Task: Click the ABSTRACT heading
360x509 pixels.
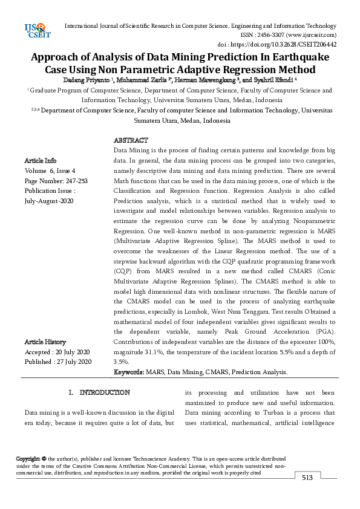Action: point(131,140)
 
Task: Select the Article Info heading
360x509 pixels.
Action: point(41,160)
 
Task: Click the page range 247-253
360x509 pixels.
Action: point(74,181)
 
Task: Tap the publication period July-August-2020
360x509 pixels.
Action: point(49,201)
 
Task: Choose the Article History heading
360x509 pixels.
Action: point(45,342)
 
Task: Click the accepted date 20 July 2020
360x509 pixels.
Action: point(71,352)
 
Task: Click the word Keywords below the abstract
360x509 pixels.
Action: point(128,372)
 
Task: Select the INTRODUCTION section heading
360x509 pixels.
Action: point(104,392)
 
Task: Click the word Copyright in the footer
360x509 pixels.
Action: point(28,459)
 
